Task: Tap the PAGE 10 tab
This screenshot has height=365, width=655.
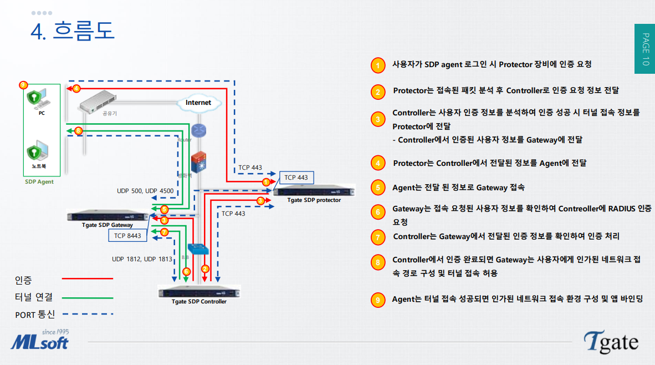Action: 644,49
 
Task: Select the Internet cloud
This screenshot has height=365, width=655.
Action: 198,103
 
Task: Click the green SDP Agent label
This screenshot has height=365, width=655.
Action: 39,181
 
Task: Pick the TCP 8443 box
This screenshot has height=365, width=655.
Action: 127,236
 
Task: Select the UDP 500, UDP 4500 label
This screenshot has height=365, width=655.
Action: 145,191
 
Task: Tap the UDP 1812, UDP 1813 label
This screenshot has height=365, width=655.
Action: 142,258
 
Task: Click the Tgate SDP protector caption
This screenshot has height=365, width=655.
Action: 314,200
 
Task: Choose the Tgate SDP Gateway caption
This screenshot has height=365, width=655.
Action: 107,225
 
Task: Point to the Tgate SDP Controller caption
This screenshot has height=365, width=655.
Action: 199,302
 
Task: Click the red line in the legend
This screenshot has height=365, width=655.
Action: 87,278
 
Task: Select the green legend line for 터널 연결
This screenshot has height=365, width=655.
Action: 87,297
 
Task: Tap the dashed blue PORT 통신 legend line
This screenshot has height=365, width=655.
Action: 87,314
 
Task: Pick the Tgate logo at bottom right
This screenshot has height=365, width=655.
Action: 611,342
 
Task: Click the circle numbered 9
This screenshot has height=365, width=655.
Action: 377,300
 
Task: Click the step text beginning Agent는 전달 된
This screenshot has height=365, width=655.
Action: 458,187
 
